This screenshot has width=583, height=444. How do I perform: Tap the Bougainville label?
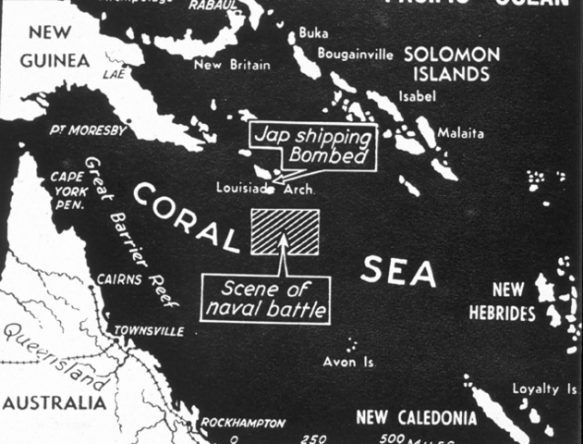pyautogui.click(x=355, y=54)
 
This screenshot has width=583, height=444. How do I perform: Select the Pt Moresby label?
pyautogui.click(x=88, y=130)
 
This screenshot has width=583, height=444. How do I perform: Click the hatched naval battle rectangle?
pyautogui.click(x=285, y=231)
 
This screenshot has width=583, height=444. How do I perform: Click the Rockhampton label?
pyautogui.click(x=243, y=423)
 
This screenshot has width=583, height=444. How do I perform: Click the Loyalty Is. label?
pyautogui.click(x=543, y=389)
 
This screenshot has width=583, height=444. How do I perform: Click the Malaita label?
pyautogui.click(x=460, y=133)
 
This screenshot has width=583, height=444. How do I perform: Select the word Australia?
pyautogui.click(x=54, y=403)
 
